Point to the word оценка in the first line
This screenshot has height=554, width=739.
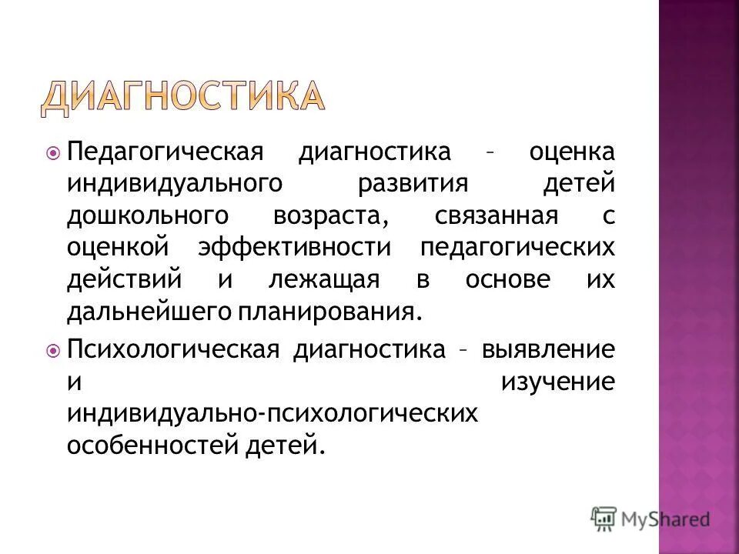571,152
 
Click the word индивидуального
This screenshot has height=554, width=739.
172,184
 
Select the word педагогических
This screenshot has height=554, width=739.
517,249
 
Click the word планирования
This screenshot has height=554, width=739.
335,312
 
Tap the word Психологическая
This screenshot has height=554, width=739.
172,349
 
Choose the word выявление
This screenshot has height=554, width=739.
549,349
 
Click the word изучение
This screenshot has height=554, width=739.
558,382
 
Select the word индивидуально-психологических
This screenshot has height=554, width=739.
273,414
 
